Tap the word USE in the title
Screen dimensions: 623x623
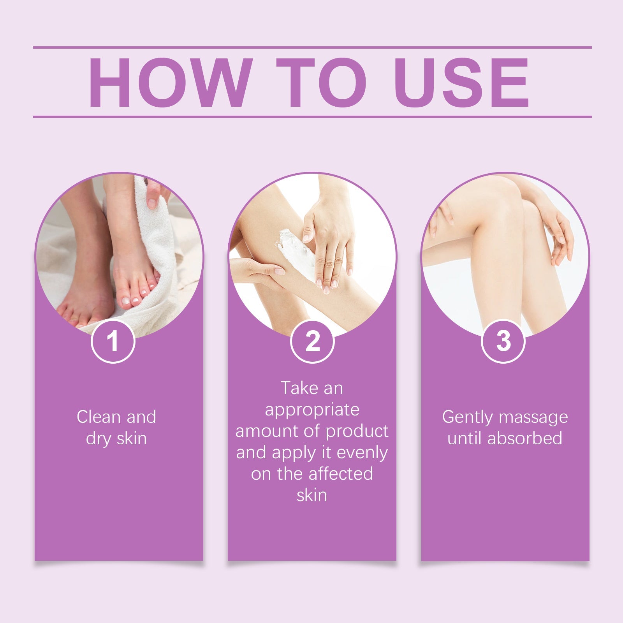click(463, 83)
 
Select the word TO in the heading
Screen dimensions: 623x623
click(322, 83)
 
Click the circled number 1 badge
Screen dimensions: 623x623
click(113, 341)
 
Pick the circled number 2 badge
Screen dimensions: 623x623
click(312, 341)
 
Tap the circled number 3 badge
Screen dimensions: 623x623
click(503, 341)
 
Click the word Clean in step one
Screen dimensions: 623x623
click(99, 417)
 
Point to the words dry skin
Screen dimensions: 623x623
click(116, 438)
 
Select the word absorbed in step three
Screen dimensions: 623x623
click(524, 438)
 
